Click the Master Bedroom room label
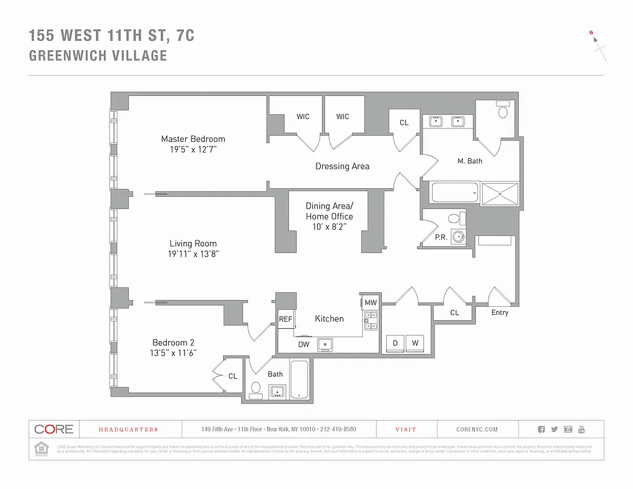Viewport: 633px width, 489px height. (x=193, y=139)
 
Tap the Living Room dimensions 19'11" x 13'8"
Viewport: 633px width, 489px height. (x=193, y=254)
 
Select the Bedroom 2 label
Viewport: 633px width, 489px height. (x=174, y=342)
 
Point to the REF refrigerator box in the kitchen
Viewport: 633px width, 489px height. (x=285, y=319)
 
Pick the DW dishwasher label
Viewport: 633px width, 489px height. (x=304, y=345)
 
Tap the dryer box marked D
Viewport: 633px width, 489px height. (x=395, y=343)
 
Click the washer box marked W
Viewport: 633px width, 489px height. (x=415, y=343)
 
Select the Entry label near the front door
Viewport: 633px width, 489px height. (x=500, y=312)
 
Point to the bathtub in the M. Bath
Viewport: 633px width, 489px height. (x=454, y=194)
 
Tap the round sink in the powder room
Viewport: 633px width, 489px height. (x=458, y=237)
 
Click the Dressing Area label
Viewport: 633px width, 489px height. (x=342, y=166)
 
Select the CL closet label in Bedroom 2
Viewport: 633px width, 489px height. (x=233, y=376)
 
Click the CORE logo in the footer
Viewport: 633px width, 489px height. (x=54, y=429)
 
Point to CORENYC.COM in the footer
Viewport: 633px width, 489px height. (x=477, y=430)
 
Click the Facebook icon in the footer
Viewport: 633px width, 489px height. (x=541, y=430)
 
